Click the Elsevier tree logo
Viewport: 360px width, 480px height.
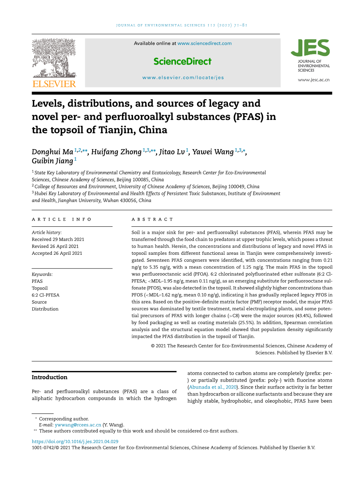pyautogui.click(x=54, y=58)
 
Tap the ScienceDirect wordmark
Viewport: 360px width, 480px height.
pyautogui.click(x=183, y=61)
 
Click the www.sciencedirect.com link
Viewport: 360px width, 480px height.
pyautogui.click(x=204, y=44)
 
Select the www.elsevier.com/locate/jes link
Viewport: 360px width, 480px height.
pyautogui.click(x=183, y=77)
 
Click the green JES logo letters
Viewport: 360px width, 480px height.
pyautogui.click(x=310, y=48)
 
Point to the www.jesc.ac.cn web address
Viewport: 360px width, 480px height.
pyautogui.click(x=314, y=80)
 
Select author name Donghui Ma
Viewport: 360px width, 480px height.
pyautogui.click(x=52, y=152)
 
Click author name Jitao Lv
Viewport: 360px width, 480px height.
pyautogui.click(x=172, y=152)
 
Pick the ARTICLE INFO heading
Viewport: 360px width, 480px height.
pyautogui.click(x=62, y=219)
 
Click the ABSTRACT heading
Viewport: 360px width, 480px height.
pyautogui.click(x=152, y=219)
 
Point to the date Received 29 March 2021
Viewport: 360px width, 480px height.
pyautogui.click(x=58, y=239)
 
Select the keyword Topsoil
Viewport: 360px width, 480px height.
pyautogui.click(x=40, y=288)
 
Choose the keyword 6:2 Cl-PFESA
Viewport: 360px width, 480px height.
pyautogui.click(x=46, y=295)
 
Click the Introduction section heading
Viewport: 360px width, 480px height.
pyautogui.click(x=49, y=377)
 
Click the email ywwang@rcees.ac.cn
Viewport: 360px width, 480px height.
pyautogui.click(x=78, y=425)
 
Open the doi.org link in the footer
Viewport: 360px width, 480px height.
pyautogui.click(x=75, y=441)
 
